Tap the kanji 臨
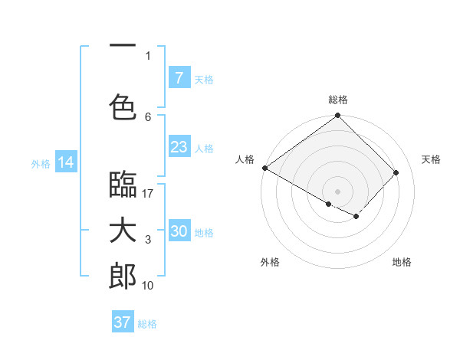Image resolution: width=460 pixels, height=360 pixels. tap(123, 185)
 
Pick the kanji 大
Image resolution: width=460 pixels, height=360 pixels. tap(123, 231)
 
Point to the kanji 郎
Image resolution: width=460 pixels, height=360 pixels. tap(123, 277)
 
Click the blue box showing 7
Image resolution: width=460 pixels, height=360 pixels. tap(179, 78)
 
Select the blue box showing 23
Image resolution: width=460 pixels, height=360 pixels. tap(179, 147)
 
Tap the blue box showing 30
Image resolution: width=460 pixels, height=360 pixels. tap(179, 231)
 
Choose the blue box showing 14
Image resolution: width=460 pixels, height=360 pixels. tap(65, 162)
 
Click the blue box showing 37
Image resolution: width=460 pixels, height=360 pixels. tap(123, 322)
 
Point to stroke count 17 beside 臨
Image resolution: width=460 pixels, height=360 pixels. tap(148, 194)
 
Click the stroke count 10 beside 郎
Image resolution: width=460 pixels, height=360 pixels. tap(148, 286)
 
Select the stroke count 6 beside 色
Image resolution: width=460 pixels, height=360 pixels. tap(148, 117)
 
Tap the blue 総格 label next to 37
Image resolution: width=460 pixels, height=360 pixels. tap(147, 324)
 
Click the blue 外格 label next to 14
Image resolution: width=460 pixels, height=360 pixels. tap(41, 164)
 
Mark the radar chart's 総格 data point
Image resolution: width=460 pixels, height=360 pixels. tap(337, 116)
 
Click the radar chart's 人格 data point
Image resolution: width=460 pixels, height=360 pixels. tap(264, 168)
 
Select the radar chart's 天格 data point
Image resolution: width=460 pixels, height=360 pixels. tap(396, 173)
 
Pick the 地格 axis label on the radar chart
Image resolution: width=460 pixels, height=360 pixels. tap(402, 262)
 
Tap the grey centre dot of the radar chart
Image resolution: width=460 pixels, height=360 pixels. tap(337, 191)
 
